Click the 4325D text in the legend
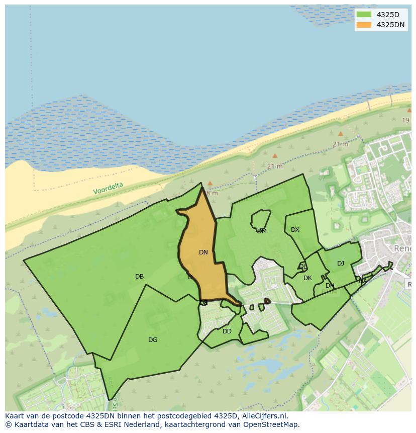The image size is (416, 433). [388, 15]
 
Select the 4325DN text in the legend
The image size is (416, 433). [390, 25]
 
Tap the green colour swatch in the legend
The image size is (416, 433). [364, 15]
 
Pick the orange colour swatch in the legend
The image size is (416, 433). [364, 25]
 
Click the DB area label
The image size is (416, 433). [139, 277]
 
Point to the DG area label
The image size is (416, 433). [153, 340]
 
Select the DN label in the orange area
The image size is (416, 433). [203, 252]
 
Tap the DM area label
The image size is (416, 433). [262, 231]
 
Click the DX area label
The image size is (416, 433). [295, 230]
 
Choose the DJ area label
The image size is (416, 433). [341, 264]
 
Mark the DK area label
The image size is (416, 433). [307, 278]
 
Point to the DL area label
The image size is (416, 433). [302, 267]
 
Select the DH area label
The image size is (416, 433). [330, 286]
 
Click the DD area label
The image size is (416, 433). [227, 331]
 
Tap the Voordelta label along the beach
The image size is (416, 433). [108, 189]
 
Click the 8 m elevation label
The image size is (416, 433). [212, 193]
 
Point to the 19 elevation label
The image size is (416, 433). [405, 120]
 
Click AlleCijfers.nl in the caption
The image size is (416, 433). [264, 416]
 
